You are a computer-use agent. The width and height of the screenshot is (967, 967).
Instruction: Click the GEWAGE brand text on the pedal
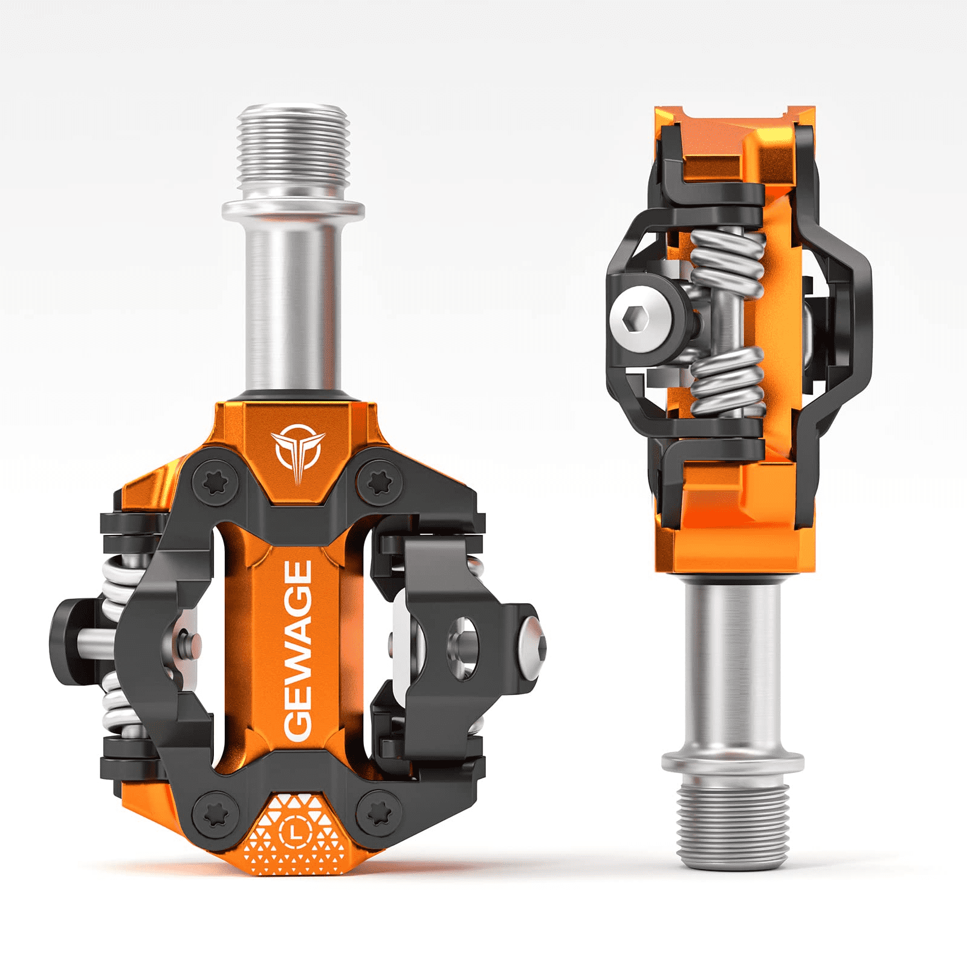pos(298,650)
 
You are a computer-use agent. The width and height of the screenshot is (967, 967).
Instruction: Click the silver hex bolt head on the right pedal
pos(640,317)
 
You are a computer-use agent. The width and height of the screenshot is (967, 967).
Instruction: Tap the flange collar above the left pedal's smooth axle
pos(293,210)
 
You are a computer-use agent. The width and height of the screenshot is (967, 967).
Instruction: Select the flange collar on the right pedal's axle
pos(733,763)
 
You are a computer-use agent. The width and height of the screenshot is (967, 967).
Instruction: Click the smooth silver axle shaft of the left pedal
pos(293,302)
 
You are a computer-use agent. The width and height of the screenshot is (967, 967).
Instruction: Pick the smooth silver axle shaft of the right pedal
pos(733,665)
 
